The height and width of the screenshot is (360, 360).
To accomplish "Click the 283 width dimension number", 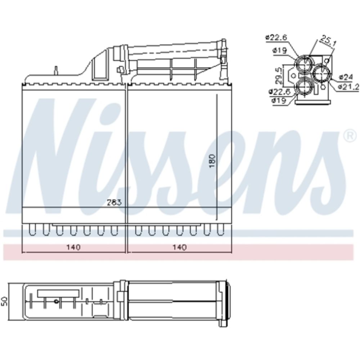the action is (114, 202).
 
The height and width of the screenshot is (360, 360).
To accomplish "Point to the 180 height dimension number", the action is (213, 161).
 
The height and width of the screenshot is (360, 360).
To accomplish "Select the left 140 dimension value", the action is (73, 247).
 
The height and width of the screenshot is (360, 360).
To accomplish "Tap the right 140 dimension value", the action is (180, 247).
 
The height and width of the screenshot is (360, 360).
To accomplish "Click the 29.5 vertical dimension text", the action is (278, 75).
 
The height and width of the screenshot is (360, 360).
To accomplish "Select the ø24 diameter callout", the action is (346, 77).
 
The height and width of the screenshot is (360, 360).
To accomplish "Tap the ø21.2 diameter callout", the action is (348, 86).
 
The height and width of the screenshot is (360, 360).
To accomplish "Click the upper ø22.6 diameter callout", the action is (276, 37).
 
